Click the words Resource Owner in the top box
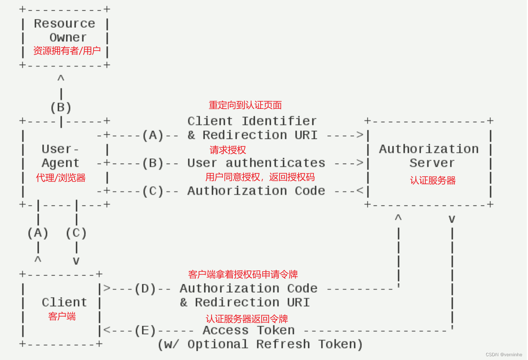pos(65,30)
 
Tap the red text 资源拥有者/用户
pos(67,51)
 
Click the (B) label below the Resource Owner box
pos(61,108)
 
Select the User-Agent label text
pos(60,156)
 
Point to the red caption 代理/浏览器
pos(61,178)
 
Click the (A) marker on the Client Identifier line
pos(153,135)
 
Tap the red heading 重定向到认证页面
pos(245,105)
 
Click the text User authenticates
pos(256,163)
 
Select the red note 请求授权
pos(228,150)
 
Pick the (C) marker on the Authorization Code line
pos(153,191)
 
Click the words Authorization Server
pos(429,156)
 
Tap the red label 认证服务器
pos(433,180)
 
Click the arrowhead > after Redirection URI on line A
pos(360,135)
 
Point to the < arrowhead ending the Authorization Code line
pos(360,191)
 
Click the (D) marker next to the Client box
pos(145,289)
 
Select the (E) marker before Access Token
pos(145,330)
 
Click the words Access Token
pos(248,330)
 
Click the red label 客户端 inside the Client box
pos(62,316)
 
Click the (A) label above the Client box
pos(38,233)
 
